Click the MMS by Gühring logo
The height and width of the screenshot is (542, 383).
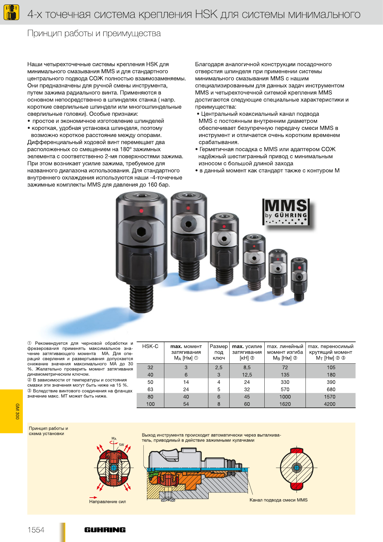click(286, 212)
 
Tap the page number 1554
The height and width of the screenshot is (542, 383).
click(36, 530)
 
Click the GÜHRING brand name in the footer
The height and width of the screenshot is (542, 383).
click(105, 530)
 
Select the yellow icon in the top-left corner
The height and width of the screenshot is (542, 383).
click(11, 12)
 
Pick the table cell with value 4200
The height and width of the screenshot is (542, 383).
click(330, 404)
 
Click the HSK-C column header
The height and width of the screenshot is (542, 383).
click(150, 346)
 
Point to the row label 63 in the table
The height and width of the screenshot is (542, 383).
click(150, 389)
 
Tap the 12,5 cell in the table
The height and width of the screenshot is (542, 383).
click(247, 375)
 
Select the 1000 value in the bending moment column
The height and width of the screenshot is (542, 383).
click(285, 397)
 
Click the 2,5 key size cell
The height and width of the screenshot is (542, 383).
click(219, 367)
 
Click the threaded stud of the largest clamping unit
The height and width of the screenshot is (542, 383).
click(141, 298)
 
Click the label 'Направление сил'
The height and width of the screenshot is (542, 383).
click(107, 501)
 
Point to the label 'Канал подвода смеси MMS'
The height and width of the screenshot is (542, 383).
click(278, 500)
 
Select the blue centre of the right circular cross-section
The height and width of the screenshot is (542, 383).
click(296, 468)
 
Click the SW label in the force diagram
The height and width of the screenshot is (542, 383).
click(121, 444)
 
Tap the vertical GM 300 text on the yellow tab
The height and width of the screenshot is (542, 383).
click(17, 411)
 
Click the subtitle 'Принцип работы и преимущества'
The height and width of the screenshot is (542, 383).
click(94, 33)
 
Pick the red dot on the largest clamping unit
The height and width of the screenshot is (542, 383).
click(141, 211)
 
